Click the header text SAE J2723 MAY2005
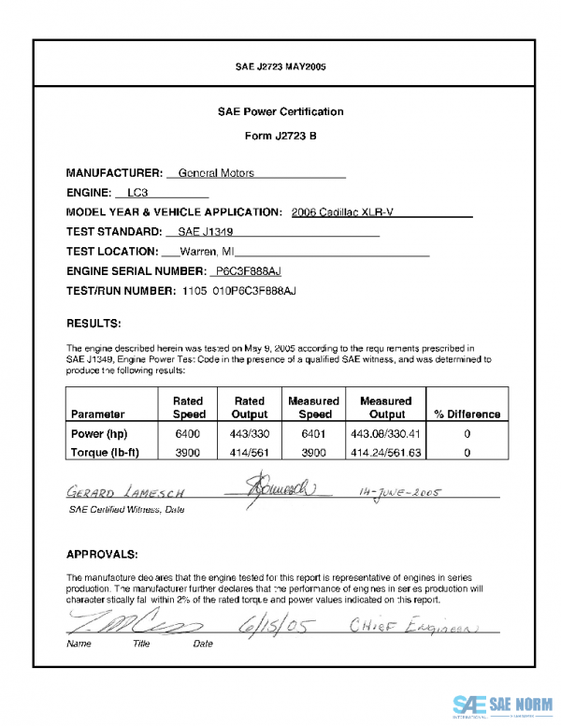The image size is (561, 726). pyautogui.click(x=280, y=66)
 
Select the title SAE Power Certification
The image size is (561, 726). pyautogui.click(x=280, y=111)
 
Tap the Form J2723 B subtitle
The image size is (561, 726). pyautogui.click(x=280, y=136)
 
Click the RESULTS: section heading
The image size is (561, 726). pyautogui.click(x=93, y=324)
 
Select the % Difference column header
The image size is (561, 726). pyautogui.click(x=467, y=414)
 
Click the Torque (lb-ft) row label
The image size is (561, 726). pyautogui.click(x=108, y=452)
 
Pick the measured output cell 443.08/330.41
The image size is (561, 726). pyautogui.click(x=387, y=434)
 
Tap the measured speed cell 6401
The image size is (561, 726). pyautogui.click(x=315, y=434)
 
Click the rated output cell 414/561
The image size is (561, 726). pyautogui.click(x=250, y=452)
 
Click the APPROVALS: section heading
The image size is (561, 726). pyautogui.click(x=103, y=553)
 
